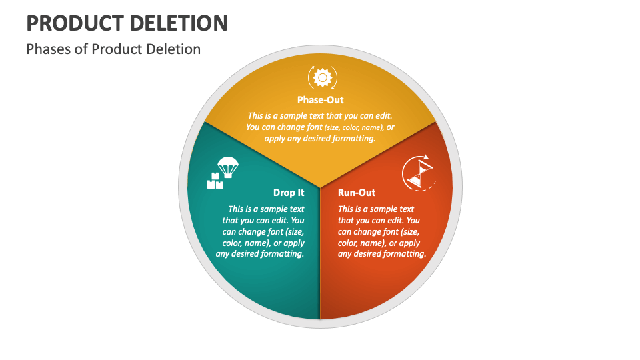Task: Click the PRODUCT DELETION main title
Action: point(127,23)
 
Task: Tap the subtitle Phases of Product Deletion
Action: point(113,49)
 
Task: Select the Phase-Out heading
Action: point(320,100)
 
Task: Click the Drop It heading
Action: point(289,193)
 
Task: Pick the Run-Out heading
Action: point(357,193)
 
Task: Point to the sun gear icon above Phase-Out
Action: point(322,78)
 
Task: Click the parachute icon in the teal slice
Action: point(228,167)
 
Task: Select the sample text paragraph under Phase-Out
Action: point(320,127)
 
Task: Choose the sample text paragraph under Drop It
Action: point(261,231)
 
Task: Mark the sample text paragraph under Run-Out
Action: point(381,231)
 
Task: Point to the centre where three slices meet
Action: point(320,187)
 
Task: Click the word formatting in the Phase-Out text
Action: point(353,139)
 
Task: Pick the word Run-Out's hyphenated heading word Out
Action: point(366,193)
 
